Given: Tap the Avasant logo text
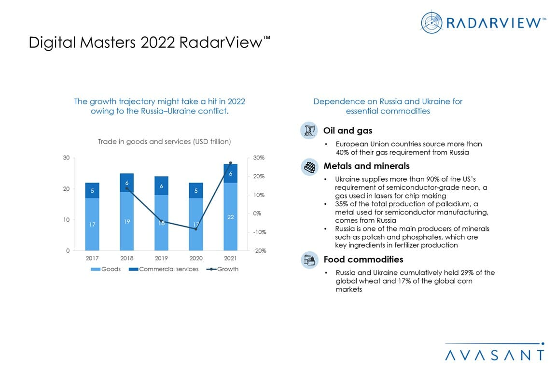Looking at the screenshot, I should (495, 355).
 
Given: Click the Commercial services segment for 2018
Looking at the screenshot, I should (127, 183).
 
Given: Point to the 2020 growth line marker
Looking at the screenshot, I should (196, 229).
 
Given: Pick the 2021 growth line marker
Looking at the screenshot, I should (230, 163).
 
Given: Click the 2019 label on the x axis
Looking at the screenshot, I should (161, 258).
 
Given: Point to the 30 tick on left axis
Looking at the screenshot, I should (66, 158).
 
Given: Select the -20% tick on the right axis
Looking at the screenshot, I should (259, 251).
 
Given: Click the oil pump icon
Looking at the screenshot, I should (308, 130).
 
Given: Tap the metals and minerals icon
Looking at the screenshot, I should (308, 167).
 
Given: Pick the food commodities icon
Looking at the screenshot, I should (308, 260).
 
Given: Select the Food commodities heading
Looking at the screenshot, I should (363, 260).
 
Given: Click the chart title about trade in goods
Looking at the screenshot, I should (164, 142).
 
